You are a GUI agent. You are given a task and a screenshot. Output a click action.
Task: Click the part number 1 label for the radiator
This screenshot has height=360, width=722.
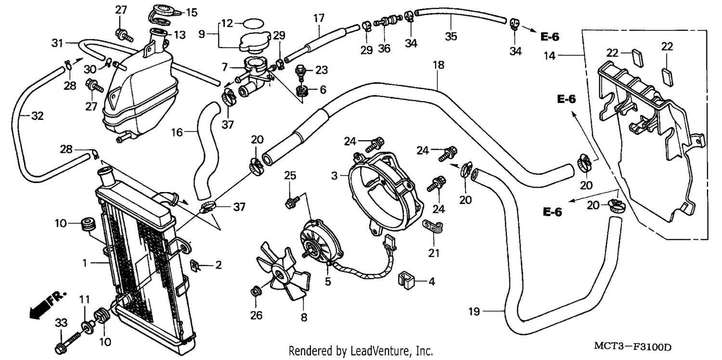click(85, 263)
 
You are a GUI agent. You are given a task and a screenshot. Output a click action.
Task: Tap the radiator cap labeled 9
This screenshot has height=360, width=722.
click(255, 42)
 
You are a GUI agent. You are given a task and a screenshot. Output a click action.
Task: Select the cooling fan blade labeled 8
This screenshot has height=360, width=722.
click(283, 271)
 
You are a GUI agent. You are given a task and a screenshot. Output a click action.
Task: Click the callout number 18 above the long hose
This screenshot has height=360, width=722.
click(438, 65)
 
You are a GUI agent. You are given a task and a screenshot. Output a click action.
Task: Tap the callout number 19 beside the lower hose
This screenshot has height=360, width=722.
click(474, 312)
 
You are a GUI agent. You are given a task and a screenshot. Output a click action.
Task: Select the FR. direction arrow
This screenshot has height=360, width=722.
click(48, 305)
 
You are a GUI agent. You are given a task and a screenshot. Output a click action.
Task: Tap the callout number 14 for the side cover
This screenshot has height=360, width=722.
click(550, 56)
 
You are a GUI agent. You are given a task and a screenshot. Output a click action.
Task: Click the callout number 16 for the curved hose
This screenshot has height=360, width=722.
click(177, 132)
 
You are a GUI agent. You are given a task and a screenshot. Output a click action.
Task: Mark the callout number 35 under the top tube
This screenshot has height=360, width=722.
click(451, 37)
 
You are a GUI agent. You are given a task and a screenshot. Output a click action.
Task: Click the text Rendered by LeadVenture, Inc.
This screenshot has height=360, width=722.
click(361, 351)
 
